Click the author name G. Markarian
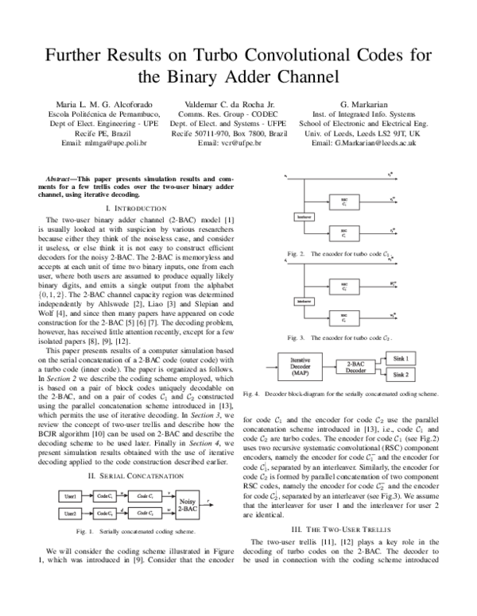tap(363, 104)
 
